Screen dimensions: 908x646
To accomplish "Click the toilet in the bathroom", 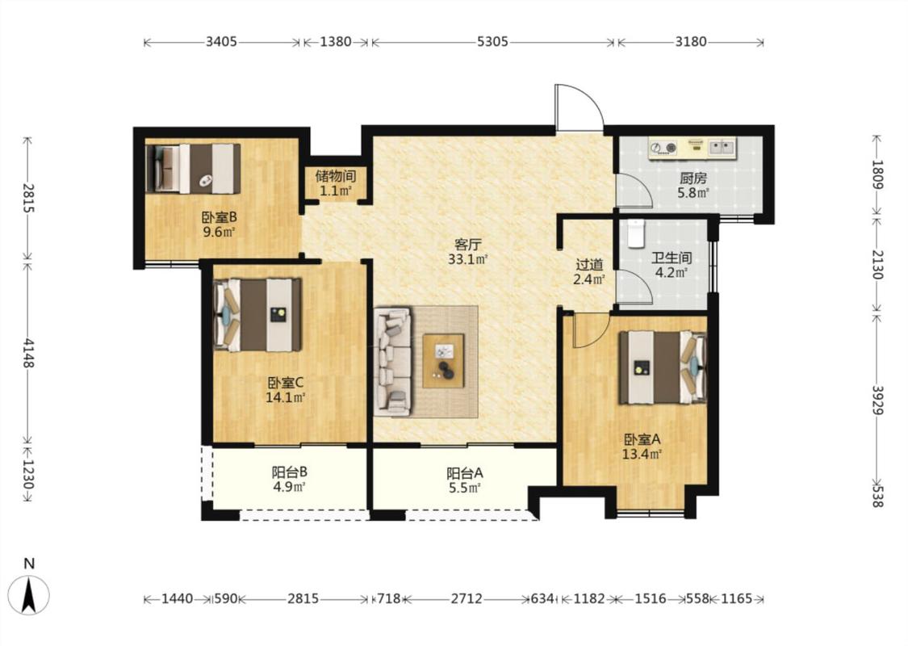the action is pyautogui.click(x=635, y=233).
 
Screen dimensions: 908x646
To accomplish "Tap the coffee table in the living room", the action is pyautogui.click(x=443, y=360).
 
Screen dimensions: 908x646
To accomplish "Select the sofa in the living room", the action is pyautogui.click(x=392, y=362).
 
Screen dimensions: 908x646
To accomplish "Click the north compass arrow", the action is pyautogui.click(x=29, y=595).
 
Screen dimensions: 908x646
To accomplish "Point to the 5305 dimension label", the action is pyautogui.click(x=493, y=42).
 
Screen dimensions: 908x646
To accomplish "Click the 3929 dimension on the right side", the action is pyautogui.click(x=878, y=401).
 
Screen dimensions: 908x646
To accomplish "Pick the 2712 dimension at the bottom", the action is pyautogui.click(x=467, y=598).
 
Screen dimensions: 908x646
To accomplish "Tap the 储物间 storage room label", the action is pyautogui.click(x=335, y=175).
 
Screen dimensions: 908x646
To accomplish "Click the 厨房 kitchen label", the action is pyautogui.click(x=693, y=178).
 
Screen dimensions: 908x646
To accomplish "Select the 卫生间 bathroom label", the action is pyautogui.click(x=672, y=258).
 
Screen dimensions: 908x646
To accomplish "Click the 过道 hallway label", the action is pyautogui.click(x=589, y=265).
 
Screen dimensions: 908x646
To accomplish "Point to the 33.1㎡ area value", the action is pyautogui.click(x=468, y=259).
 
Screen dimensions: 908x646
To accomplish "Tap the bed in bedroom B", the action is pyautogui.click(x=193, y=169).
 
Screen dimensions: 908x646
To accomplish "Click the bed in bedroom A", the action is pyautogui.click(x=663, y=367).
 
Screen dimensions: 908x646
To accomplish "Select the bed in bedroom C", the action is pyautogui.click(x=257, y=315).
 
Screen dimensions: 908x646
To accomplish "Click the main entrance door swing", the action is pyautogui.click(x=579, y=107).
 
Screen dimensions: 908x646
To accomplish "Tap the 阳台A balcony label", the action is pyautogui.click(x=465, y=473).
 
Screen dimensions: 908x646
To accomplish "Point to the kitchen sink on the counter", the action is pyautogui.click(x=722, y=147).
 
